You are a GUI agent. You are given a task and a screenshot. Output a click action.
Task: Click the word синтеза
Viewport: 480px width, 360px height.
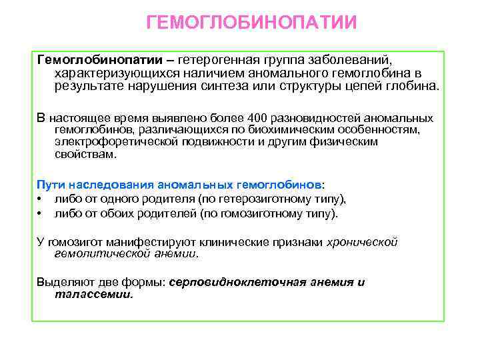(x=262, y=86)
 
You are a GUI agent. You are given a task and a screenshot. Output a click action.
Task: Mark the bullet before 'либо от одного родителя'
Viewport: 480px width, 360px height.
(x=41, y=199)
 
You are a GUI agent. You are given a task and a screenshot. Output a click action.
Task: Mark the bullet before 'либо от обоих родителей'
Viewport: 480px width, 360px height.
(x=41, y=214)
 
